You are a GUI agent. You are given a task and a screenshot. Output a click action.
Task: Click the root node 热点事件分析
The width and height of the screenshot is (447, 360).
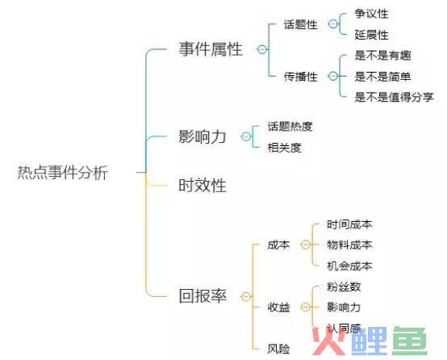point(62,172)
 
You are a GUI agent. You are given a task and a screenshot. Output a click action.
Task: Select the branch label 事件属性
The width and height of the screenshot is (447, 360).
point(211,48)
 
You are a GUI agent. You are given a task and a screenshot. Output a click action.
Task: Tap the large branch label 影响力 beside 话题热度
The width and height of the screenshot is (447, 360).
point(203,136)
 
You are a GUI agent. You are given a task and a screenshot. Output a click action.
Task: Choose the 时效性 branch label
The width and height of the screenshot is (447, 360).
point(203,186)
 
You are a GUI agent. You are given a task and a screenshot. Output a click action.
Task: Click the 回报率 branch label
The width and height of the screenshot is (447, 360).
point(203,295)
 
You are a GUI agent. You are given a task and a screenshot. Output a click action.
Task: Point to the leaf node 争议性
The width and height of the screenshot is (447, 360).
point(371,14)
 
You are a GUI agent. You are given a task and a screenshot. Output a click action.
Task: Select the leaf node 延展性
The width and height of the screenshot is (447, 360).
point(371,35)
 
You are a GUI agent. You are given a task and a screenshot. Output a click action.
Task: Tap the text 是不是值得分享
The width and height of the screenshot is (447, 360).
point(394,97)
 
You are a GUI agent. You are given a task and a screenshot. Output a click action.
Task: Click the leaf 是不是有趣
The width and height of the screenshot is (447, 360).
point(382,56)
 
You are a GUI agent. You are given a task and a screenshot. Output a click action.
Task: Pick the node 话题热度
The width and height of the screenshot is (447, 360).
point(290,127)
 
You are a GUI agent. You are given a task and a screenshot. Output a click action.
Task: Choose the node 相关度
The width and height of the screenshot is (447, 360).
point(284,148)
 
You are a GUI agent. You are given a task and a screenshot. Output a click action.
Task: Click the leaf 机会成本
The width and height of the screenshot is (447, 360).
point(349,266)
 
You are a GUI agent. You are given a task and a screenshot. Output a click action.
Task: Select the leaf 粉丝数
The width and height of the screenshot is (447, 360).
point(344,287)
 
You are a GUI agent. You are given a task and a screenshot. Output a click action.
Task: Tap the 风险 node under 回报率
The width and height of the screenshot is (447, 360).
point(278,349)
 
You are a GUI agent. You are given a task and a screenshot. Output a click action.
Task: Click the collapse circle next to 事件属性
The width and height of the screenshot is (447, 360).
point(262,49)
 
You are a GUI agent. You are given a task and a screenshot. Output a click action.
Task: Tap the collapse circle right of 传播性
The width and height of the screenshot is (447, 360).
point(333,76)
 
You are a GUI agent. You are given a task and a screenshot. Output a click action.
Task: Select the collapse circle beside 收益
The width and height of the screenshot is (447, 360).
point(306,307)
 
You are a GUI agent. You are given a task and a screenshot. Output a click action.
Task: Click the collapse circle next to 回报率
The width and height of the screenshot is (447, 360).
point(246,297)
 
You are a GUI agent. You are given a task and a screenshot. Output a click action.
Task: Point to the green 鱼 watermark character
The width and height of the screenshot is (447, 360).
point(409,341)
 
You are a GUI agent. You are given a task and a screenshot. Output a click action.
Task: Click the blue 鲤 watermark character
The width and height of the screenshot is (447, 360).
point(370,341)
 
